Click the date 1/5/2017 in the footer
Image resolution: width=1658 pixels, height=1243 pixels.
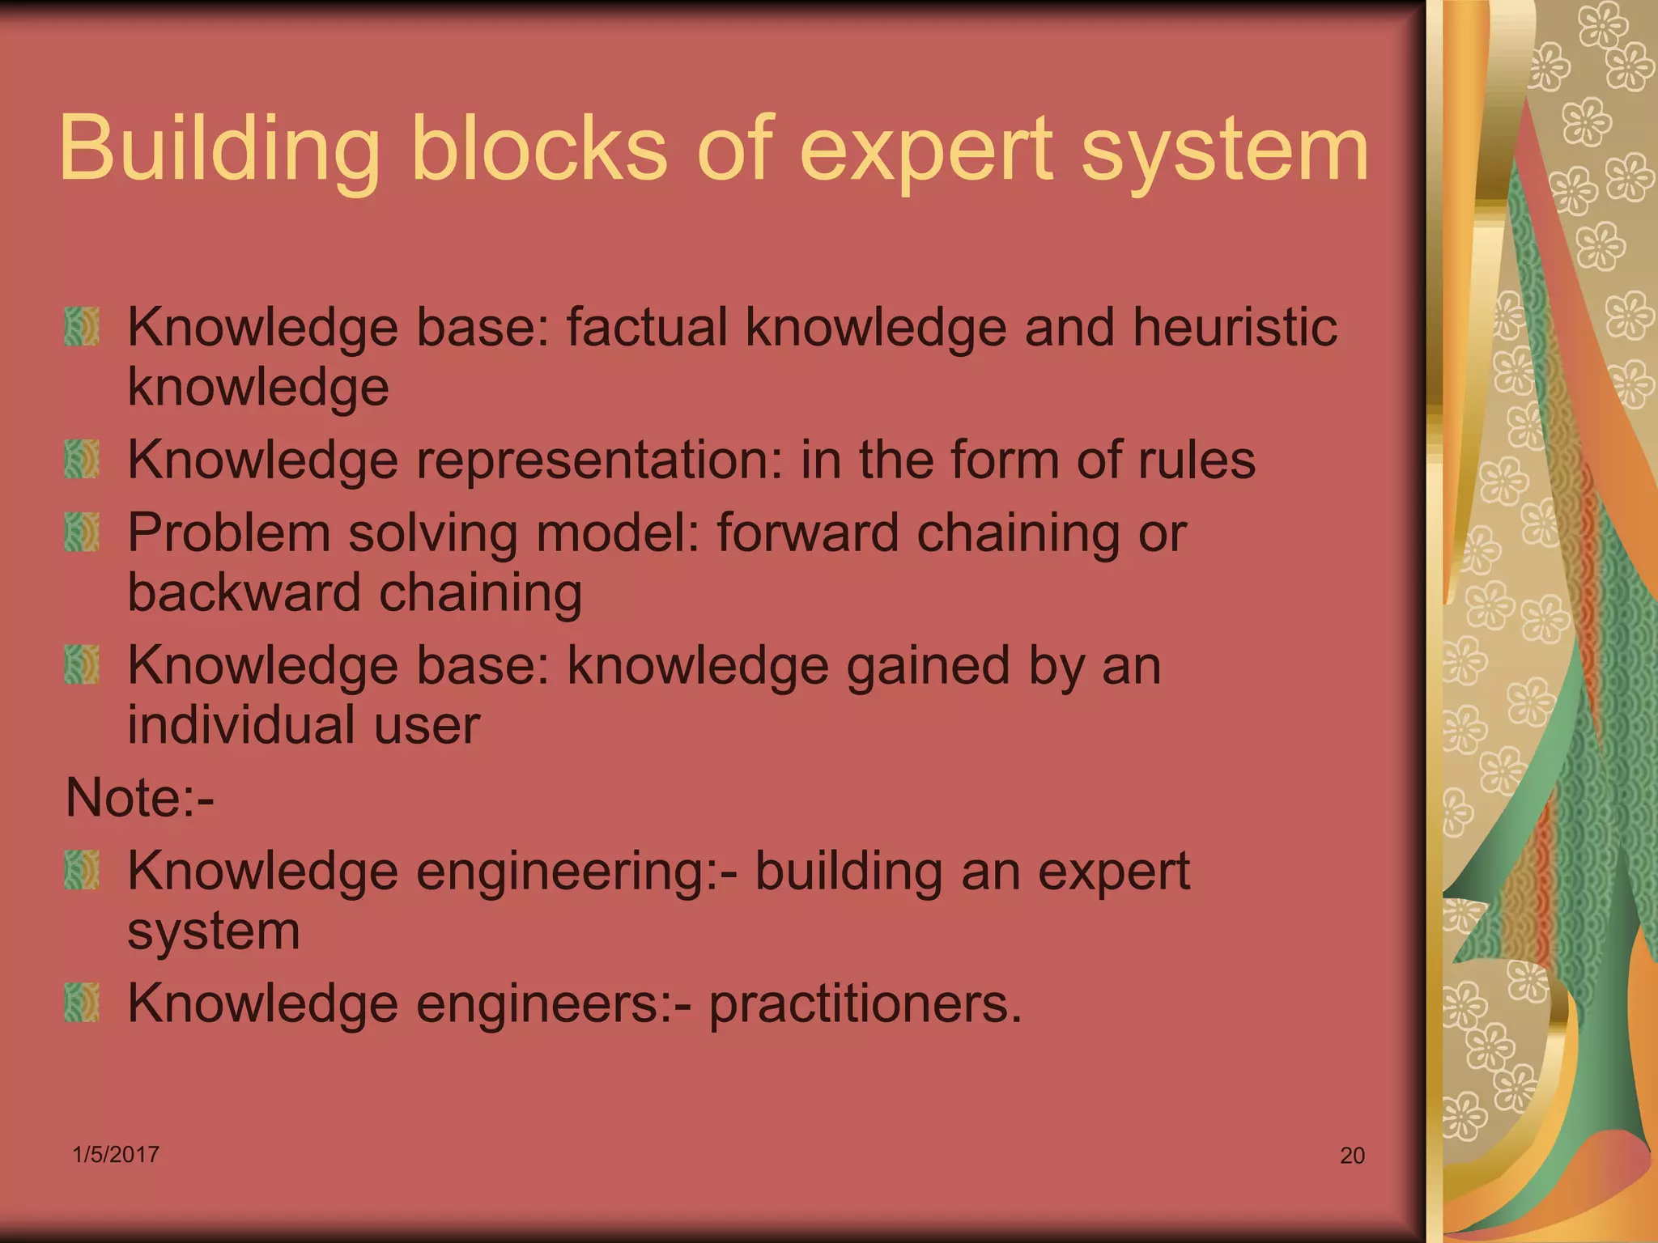[116, 1155]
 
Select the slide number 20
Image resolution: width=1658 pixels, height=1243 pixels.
[1352, 1156]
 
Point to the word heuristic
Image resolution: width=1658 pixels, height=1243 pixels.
[1234, 327]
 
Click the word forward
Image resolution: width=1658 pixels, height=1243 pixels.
[808, 532]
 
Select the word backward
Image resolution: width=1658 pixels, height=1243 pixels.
[244, 592]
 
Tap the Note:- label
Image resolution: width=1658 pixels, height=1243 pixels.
[139, 798]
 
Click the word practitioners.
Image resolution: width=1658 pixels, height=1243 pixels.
[865, 1003]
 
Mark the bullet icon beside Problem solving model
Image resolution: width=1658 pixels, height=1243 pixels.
[82, 532]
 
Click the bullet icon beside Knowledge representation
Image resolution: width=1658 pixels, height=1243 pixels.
[82, 459]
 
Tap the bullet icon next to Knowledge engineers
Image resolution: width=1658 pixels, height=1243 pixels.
[82, 1003]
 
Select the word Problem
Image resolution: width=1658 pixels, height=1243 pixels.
[229, 532]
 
